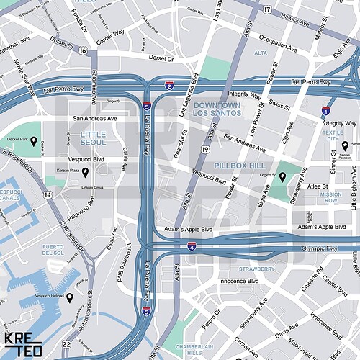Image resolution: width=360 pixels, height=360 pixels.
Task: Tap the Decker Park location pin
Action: (33, 148)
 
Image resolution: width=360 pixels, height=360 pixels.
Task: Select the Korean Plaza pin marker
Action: (85, 172)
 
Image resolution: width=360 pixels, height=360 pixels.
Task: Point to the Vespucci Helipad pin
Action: (70, 297)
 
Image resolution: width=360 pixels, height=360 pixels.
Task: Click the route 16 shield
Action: (84, 50)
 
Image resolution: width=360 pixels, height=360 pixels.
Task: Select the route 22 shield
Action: (66, 344)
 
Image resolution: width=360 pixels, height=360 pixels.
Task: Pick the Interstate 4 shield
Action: (192, 246)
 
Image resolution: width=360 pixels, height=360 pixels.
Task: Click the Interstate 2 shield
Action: (169, 86)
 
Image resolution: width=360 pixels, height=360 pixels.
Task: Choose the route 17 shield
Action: (267, 9)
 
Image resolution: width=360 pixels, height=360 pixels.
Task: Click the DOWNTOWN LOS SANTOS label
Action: (217, 109)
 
